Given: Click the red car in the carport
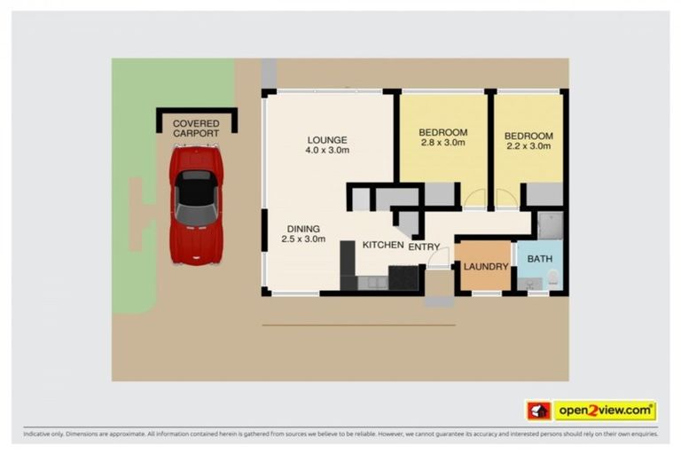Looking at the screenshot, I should point(196,204).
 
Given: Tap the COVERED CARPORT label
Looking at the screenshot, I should point(196,129).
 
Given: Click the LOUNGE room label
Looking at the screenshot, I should point(327,139).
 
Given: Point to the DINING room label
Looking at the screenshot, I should point(303,227).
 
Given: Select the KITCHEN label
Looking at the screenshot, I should point(383,245).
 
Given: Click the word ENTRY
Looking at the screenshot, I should point(424,247).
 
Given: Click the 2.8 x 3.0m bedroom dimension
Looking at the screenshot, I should point(442,144).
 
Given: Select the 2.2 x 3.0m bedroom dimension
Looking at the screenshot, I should point(528,147).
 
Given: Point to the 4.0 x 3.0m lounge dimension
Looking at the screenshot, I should point(327,151).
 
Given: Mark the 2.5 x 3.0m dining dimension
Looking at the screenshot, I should point(303,239).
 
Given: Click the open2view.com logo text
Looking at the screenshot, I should point(604,411).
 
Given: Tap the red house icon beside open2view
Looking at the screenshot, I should point(538,411).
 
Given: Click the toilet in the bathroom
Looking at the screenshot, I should point(552,280).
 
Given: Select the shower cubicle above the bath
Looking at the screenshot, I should point(548,225).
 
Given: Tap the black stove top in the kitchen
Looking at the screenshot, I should point(403,278).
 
